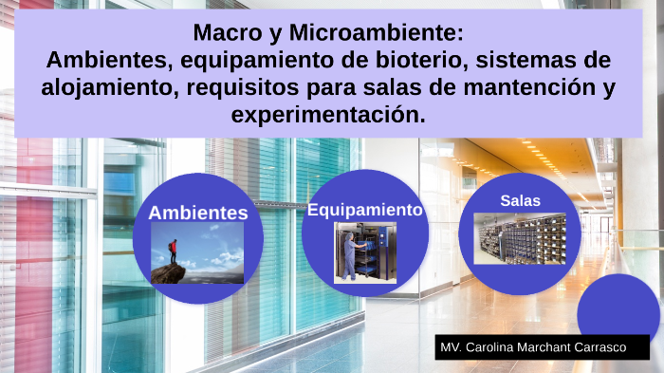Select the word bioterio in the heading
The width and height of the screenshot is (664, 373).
[x=422, y=61]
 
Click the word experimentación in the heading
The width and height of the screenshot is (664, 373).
[x=328, y=116]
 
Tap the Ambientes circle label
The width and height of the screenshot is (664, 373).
[x=197, y=213]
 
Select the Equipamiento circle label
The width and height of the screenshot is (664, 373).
[x=364, y=210]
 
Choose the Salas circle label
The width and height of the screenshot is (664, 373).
[x=520, y=200]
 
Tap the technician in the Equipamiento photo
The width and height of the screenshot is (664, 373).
[x=351, y=252]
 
